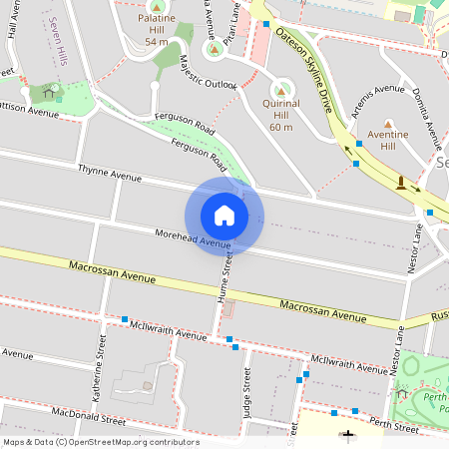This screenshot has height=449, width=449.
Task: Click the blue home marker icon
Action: [224, 216]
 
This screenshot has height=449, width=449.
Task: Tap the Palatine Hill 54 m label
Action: [156, 30]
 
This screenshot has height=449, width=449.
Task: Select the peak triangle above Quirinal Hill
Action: [280, 92]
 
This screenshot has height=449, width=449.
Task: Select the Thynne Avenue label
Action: [110, 176]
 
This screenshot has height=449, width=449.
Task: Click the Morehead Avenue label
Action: [194, 238]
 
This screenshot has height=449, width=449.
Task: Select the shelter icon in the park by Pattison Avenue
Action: [47, 93]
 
